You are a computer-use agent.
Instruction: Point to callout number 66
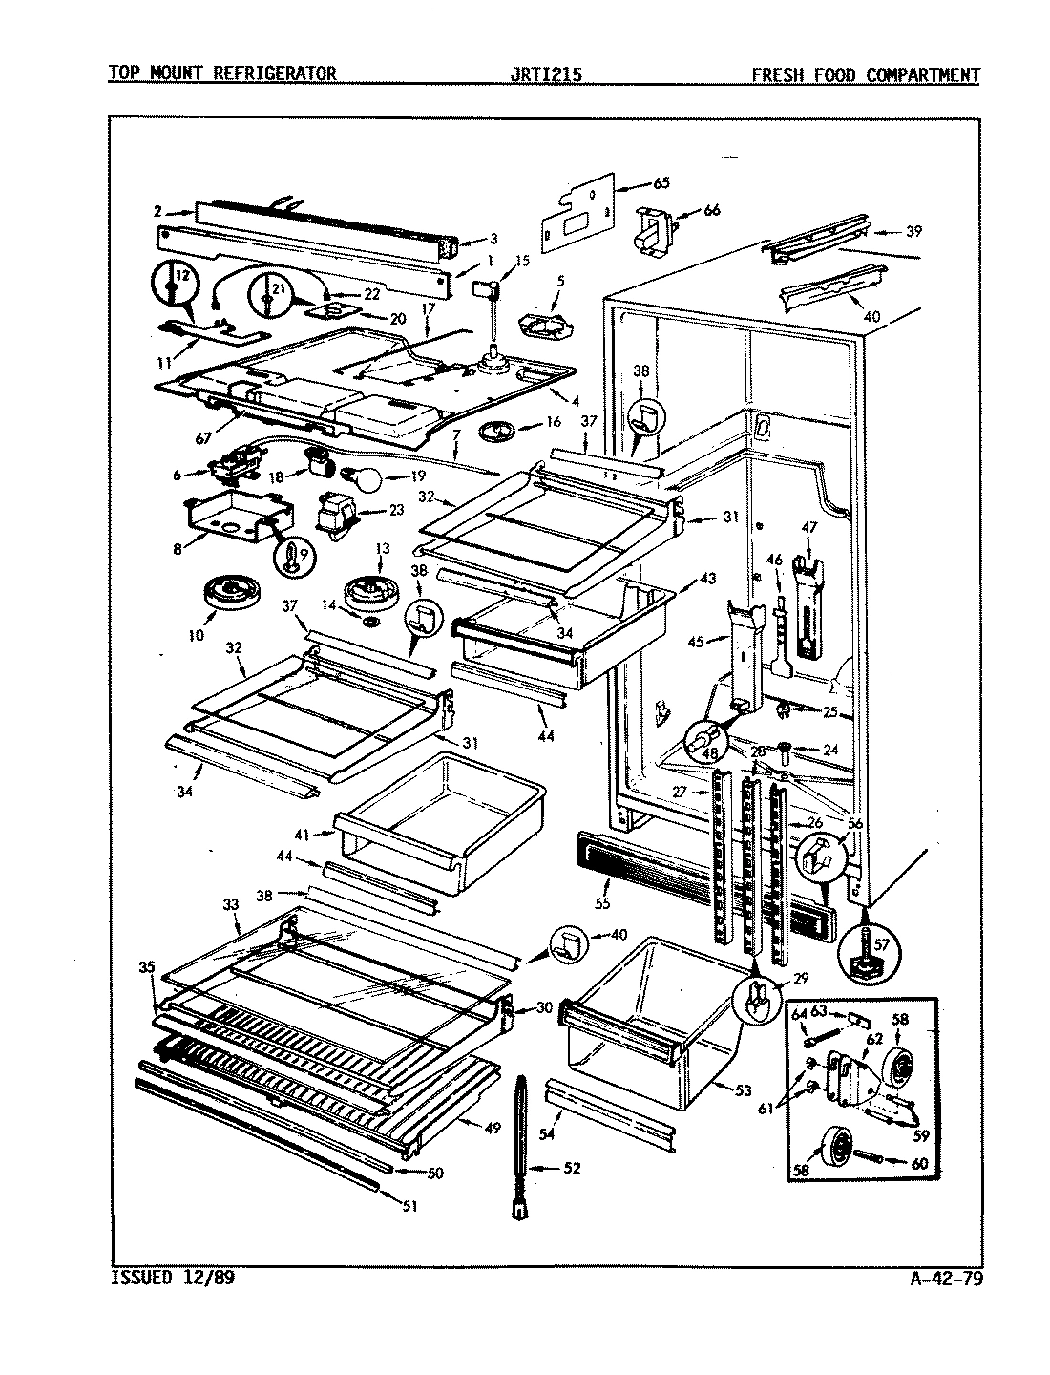711,210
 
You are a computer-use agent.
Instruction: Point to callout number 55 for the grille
601,900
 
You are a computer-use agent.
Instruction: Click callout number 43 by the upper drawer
707,580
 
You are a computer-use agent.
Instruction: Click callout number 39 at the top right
913,231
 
